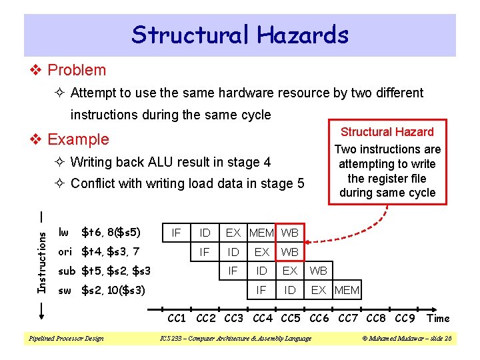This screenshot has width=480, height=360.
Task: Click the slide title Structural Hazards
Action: (240, 35)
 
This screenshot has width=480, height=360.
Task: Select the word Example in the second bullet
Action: (78, 139)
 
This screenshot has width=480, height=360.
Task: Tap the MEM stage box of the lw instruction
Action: (261, 233)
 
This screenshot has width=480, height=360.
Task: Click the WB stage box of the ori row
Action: (290, 252)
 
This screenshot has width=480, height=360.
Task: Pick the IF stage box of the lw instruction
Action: (176, 233)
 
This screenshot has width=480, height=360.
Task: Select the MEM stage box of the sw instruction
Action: (347, 290)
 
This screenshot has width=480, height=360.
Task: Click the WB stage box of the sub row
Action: (318, 271)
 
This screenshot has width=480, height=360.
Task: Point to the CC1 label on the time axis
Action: (176, 319)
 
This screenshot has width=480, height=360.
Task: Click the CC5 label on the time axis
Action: (290, 319)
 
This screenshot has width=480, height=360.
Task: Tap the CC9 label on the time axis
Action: (404, 319)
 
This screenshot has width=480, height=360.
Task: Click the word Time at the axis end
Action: (438, 319)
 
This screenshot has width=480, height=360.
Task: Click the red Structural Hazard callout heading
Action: (387, 132)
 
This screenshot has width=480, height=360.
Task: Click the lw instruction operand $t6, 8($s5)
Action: (111, 233)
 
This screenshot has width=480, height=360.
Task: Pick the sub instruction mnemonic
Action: (67, 271)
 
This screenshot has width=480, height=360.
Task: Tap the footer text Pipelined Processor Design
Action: (65, 339)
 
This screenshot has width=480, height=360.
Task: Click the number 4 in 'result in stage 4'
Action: (267, 161)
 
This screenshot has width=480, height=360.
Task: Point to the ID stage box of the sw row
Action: (290, 290)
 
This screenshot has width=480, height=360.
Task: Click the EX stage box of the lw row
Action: (233, 233)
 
